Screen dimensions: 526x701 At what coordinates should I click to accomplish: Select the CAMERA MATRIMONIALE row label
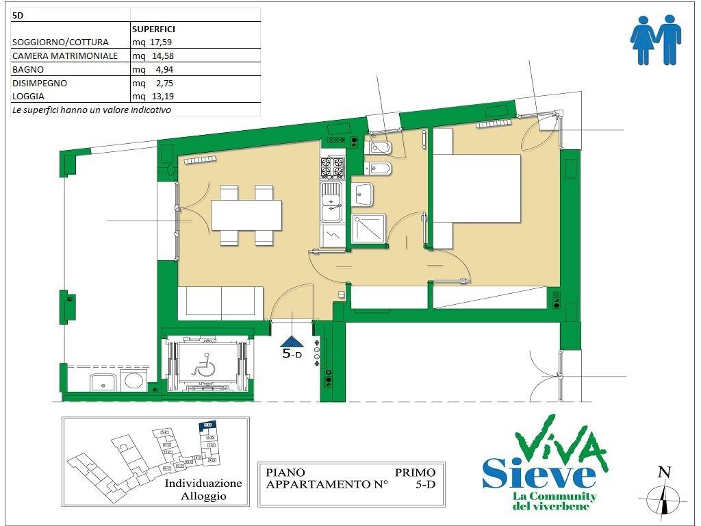pyautogui.click(x=65, y=55)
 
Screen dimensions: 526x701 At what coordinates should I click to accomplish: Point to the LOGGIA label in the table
pyautogui.click(x=28, y=96)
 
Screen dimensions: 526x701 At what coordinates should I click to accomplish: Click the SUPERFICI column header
pyautogui.click(x=153, y=29)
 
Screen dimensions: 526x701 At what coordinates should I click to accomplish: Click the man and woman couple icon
pyautogui.click(x=655, y=40)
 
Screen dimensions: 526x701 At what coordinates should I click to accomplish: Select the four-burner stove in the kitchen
pyautogui.click(x=333, y=168)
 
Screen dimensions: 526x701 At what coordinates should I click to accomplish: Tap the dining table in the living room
pyautogui.click(x=246, y=215)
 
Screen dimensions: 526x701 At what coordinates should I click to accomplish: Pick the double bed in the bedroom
pyautogui.click(x=476, y=188)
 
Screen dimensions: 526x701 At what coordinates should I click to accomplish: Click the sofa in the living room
pyautogui.click(x=220, y=302)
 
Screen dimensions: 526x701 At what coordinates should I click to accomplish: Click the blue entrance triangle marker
pyautogui.click(x=292, y=342)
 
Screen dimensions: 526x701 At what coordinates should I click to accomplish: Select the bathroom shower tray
pyautogui.click(x=368, y=229)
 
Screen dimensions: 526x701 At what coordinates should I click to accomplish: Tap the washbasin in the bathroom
pyautogui.click(x=364, y=195)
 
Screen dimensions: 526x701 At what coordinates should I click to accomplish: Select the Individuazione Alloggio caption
pyautogui.click(x=203, y=489)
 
